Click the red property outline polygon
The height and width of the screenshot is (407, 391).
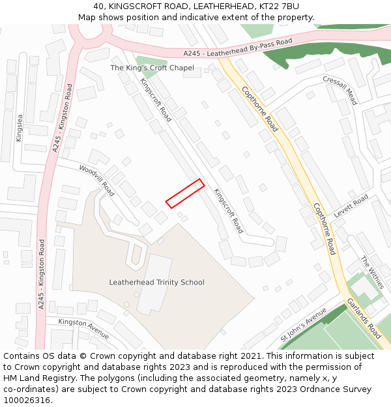click(x=185, y=194)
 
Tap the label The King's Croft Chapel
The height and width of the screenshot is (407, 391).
click(x=152, y=68)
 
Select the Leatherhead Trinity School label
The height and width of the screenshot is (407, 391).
click(x=156, y=282)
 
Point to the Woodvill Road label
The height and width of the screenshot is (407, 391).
click(x=96, y=180)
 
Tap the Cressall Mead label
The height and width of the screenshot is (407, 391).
click(x=340, y=90)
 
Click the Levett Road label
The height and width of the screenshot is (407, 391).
click(x=351, y=206)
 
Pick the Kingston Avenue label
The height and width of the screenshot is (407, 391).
click(x=83, y=330)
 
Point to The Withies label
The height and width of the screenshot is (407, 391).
click(x=373, y=273)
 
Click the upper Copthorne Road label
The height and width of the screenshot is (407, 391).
click(x=260, y=109)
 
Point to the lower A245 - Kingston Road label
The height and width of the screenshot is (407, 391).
click(x=42, y=274)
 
